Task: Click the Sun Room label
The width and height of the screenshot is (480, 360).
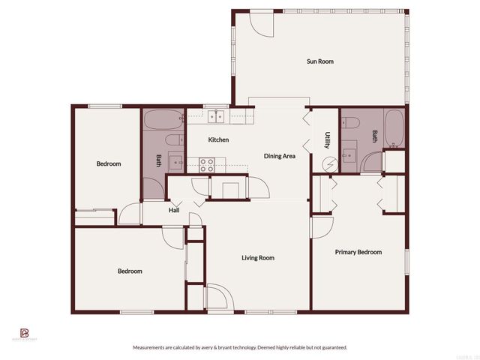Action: (320, 61)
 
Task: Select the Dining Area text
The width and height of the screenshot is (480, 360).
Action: (279, 156)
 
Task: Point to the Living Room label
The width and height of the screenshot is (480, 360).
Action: (257, 258)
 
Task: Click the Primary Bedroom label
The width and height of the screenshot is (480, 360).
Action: (358, 252)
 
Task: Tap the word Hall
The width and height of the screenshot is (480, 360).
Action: (173, 210)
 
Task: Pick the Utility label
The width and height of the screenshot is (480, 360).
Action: (328, 140)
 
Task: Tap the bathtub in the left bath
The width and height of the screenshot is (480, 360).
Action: (163, 120)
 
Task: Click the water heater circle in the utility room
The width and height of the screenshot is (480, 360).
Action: (327, 164)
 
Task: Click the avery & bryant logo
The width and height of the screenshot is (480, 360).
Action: (24, 334)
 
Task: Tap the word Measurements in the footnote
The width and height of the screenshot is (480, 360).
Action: (151, 347)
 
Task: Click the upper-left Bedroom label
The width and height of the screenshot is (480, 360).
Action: (108, 163)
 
